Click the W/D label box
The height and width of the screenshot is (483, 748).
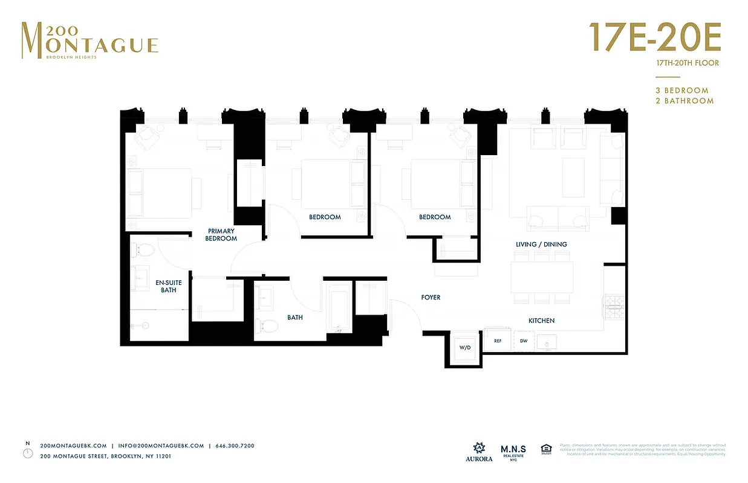click(464, 348)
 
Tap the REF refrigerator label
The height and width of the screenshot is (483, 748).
click(498, 341)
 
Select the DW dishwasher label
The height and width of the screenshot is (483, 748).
click(524, 341)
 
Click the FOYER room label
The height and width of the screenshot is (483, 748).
click(431, 298)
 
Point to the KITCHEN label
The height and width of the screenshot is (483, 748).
click(541, 321)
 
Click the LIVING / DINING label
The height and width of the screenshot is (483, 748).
click(541, 245)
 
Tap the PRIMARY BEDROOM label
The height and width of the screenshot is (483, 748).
click(221, 235)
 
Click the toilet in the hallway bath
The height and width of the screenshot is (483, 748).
click(268, 325)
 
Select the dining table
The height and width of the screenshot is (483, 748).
click(542, 283)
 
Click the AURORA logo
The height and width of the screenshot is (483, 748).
click(478, 452)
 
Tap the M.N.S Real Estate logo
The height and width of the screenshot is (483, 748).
click(513, 452)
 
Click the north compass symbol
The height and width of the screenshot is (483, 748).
click(28, 452)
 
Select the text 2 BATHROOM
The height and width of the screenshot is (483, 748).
click(685, 101)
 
